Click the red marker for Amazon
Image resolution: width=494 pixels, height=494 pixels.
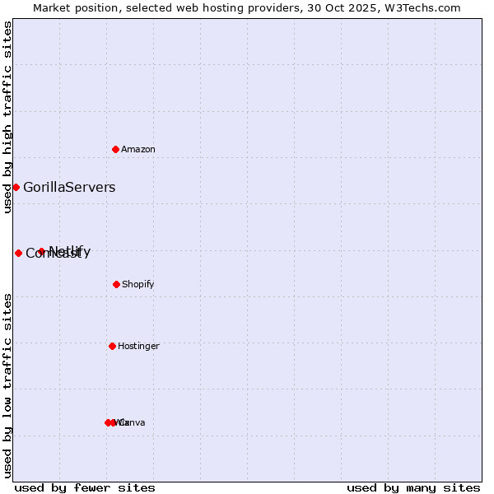tap(115, 149)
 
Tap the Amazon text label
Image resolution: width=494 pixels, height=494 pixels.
tap(138, 150)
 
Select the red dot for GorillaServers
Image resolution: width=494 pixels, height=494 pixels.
tap(16, 187)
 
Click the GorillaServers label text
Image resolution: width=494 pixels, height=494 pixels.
tap(69, 188)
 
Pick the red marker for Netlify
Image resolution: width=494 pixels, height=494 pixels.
tap(41, 251)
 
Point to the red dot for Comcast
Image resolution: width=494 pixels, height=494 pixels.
tap(18, 253)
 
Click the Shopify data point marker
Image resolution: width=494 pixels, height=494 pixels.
tap(116, 284)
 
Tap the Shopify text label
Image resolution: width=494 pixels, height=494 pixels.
tap(138, 285)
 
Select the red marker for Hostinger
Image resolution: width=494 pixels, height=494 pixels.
tap(112, 346)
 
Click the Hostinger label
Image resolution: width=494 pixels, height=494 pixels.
tap(138, 347)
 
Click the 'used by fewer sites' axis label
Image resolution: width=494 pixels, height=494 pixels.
tap(85, 487)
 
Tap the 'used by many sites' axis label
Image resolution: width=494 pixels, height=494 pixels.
tap(413, 487)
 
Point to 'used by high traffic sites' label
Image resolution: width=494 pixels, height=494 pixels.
tap(8, 118)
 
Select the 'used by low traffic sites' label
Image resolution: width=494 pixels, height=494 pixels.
tap(8, 384)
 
